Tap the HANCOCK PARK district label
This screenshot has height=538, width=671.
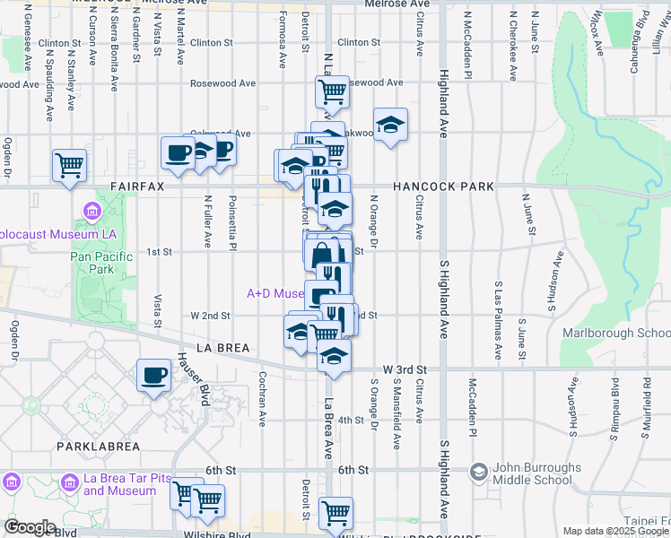coord(443,187)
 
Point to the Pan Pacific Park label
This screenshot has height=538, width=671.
coord(101,263)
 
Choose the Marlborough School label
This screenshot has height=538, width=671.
coord(615,333)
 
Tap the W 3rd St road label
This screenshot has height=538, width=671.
coord(405,369)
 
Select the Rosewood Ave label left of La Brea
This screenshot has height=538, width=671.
coord(222,83)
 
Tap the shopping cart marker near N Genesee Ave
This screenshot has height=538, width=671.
coord(69,164)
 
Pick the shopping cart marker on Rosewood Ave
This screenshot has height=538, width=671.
coord(332,91)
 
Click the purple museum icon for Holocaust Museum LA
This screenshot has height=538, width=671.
coord(91,213)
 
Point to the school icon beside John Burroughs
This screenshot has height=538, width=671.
coord(479,471)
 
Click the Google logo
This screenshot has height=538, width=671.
coord(30,527)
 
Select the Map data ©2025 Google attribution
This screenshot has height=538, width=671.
coord(616,531)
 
